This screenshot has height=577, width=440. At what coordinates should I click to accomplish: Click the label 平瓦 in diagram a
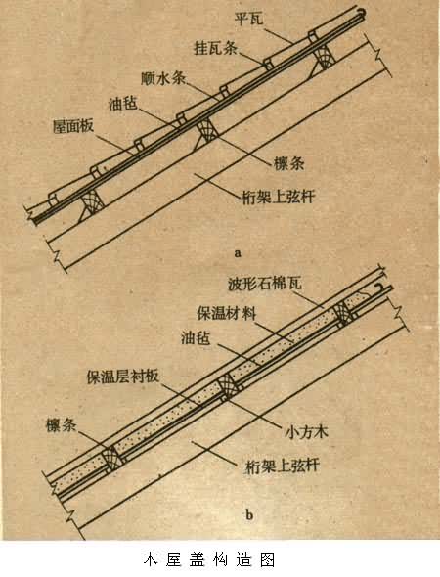[249, 18]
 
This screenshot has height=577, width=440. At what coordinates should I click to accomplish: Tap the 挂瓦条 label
[215, 48]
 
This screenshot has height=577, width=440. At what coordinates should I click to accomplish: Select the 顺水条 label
[163, 78]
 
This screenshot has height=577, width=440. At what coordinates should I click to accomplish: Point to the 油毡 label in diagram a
[123, 104]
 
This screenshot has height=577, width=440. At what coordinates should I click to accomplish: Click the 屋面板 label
[73, 126]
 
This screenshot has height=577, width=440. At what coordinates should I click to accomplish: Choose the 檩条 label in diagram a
[288, 163]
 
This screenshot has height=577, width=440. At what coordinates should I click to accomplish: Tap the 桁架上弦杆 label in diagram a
[279, 197]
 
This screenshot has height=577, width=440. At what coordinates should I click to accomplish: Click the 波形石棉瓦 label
[265, 284]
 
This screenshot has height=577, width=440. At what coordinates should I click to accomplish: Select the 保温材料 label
[227, 314]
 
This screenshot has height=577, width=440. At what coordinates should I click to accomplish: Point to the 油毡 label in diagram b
[196, 337]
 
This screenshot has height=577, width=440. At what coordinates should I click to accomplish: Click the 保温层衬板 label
[122, 377]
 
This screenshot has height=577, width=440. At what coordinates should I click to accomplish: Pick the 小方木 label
[306, 431]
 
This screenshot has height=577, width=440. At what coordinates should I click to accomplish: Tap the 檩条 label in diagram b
[61, 425]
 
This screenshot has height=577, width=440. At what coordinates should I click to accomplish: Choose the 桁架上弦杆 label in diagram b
[282, 466]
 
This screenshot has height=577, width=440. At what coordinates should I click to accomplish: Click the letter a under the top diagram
[238, 253]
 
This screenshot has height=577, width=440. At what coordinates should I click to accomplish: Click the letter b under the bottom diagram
[249, 513]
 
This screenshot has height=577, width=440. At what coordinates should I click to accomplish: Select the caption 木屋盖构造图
[209, 559]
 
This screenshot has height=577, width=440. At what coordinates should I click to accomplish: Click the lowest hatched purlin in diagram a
[92, 203]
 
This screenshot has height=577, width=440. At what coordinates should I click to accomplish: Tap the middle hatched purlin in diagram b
[229, 388]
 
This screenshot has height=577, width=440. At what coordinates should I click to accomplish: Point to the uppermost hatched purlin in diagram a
[324, 57]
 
